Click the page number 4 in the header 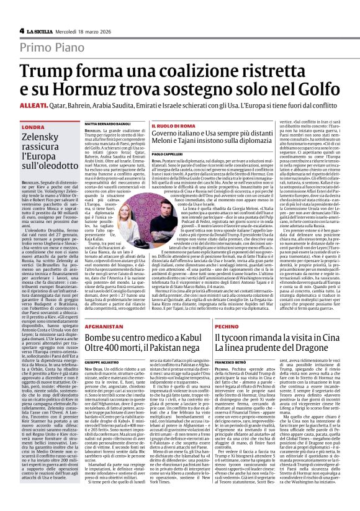point(21,29)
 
